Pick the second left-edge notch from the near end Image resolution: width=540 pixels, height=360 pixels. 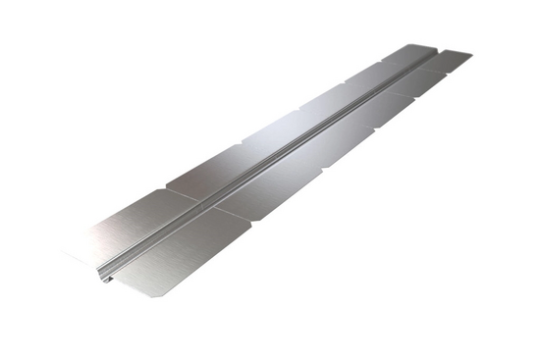click(241, 146)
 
